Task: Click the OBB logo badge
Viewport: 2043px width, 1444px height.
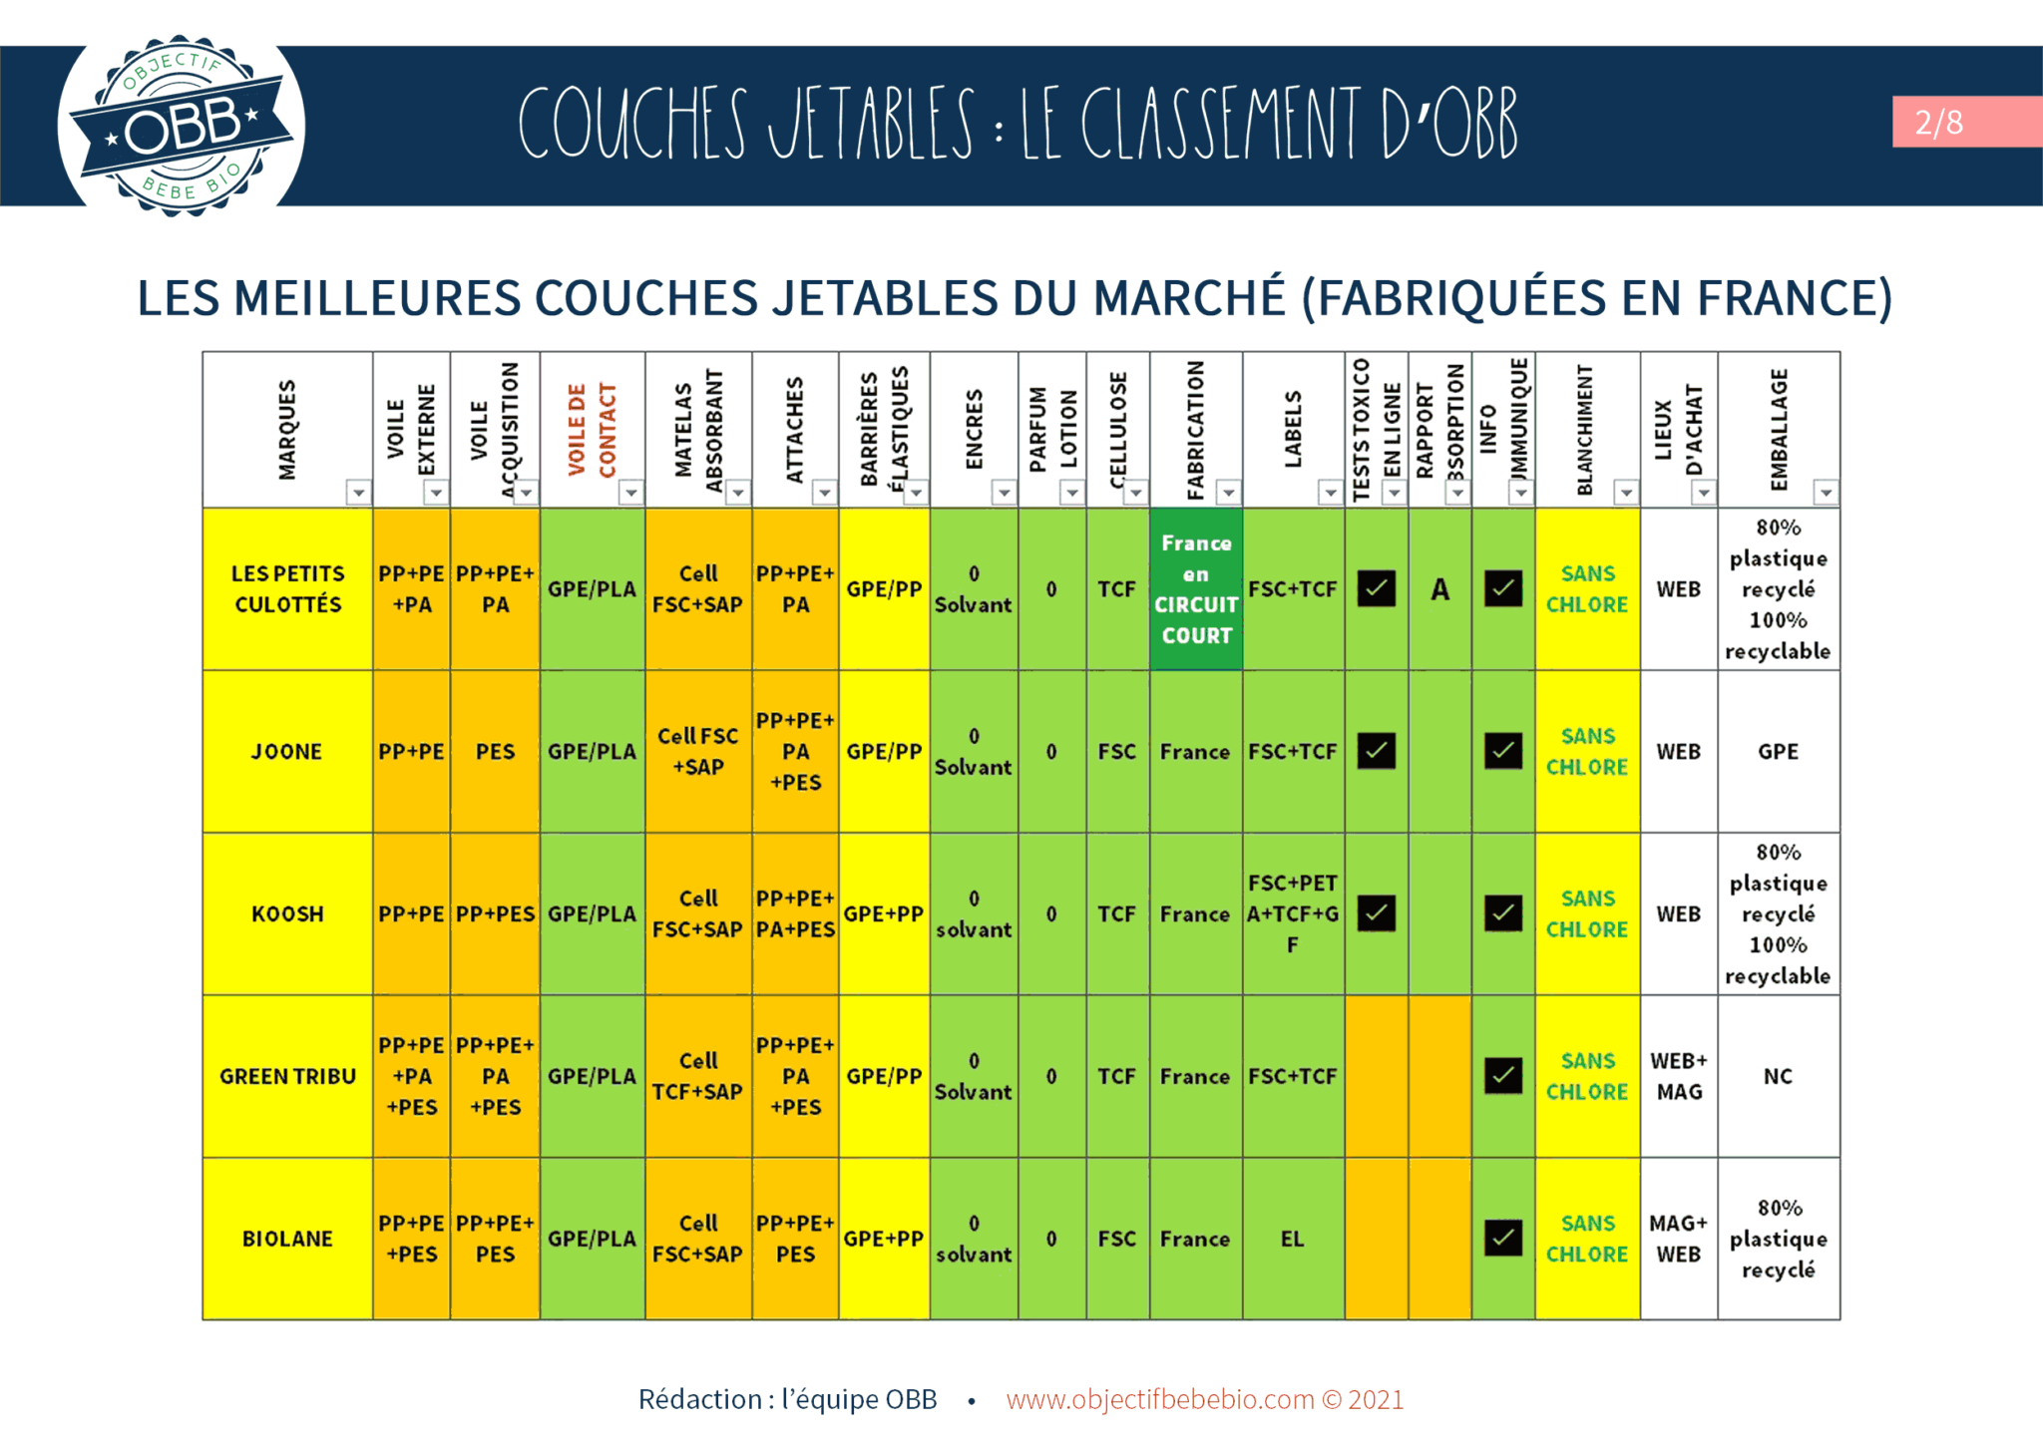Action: click(181, 127)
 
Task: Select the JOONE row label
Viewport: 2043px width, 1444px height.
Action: click(287, 752)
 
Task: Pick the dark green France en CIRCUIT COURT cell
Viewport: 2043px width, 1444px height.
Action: click(1196, 588)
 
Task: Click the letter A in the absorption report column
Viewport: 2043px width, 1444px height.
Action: click(1439, 589)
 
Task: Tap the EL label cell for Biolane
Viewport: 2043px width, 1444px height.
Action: click(1292, 1239)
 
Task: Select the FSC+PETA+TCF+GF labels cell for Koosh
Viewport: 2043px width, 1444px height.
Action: click(1292, 913)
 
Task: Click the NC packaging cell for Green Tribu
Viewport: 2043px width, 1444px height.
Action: click(1778, 1076)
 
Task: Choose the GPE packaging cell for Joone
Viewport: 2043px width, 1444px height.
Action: click(1778, 752)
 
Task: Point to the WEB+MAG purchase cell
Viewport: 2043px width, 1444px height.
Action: click(1679, 1076)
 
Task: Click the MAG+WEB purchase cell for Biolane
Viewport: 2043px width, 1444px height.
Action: click(1679, 1239)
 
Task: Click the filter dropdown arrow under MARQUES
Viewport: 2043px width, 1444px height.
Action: click(358, 493)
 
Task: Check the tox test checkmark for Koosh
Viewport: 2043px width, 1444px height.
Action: click(1377, 913)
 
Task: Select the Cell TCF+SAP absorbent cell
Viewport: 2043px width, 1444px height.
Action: click(697, 1076)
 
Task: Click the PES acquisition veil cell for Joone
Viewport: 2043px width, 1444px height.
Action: click(495, 752)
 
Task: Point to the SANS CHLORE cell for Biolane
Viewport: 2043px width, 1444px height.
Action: click(1586, 1239)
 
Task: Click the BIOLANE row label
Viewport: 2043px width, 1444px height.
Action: click(287, 1239)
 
